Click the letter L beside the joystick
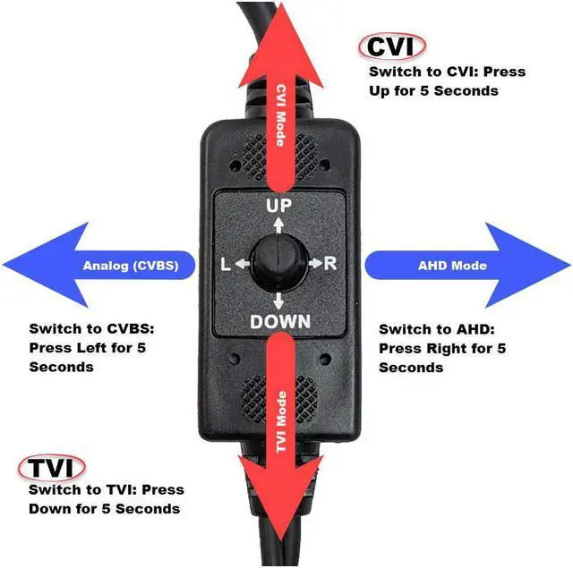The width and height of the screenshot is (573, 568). pos(226,265)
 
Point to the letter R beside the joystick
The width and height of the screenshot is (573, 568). pos(329,264)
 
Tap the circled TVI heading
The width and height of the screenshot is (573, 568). pos(51,469)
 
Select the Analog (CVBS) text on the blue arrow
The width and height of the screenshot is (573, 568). pos(130,266)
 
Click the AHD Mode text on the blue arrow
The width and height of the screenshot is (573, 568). pos(452,266)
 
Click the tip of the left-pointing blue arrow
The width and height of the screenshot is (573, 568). pos(5,266)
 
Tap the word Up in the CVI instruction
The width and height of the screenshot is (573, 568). pos(383,91)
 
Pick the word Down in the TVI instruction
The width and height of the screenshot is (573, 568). pos(49,509)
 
